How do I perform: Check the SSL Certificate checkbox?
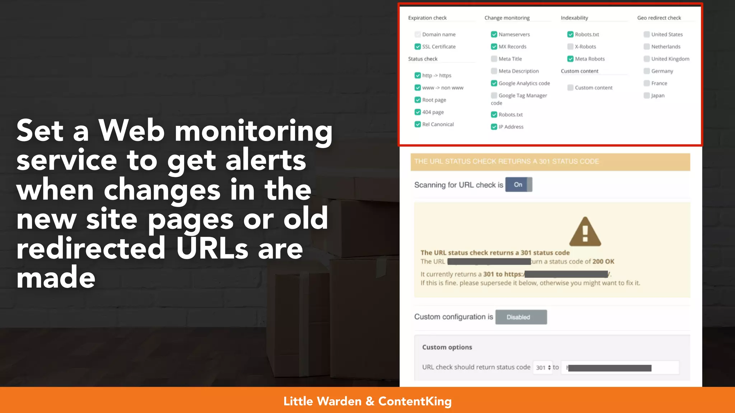[417, 47]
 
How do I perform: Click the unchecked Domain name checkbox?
[417, 34]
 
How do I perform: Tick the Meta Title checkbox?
[494, 59]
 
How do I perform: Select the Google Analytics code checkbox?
[494, 83]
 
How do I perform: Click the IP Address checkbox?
[494, 127]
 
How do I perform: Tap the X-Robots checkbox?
[570, 47]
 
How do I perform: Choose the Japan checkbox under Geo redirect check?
[647, 95]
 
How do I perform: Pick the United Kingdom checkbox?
[647, 59]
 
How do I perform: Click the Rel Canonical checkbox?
[417, 124]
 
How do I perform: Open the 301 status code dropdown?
[543, 367]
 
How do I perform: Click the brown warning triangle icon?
[585, 232]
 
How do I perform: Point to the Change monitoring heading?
[507, 18]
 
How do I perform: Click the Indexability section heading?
[574, 18]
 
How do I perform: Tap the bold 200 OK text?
[603, 262]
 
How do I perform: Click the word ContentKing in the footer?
[415, 401]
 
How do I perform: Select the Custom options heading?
[447, 347]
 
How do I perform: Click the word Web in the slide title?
[132, 131]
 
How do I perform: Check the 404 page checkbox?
[417, 112]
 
